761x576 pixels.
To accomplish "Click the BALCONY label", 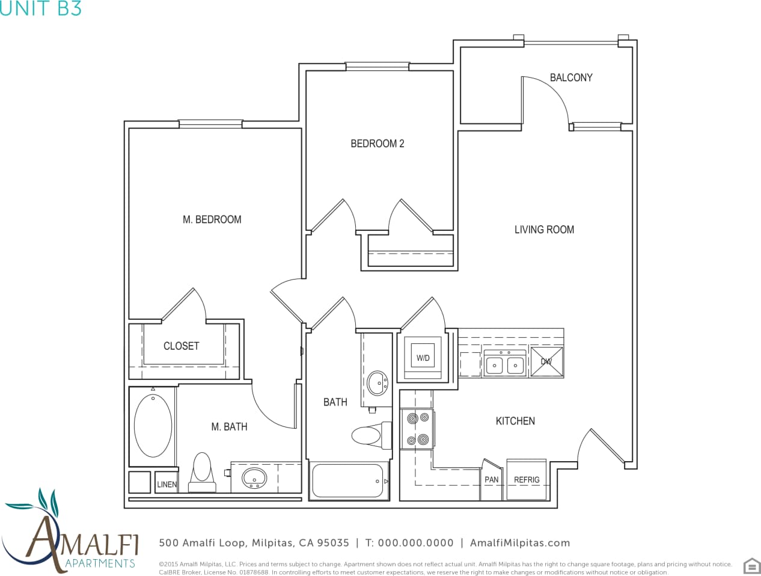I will click(571, 78).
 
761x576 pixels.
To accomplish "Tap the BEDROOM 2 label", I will click(377, 144).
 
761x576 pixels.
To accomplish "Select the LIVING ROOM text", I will click(544, 230).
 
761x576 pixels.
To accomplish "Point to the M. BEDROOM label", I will click(212, 220).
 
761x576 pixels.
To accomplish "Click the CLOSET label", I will click(181, 346).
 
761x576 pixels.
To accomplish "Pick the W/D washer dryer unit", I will click(424, 358).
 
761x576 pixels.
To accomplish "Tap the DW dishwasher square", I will click(546, 361).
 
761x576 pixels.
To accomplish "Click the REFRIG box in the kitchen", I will click(527, 479).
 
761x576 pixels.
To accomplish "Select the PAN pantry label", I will click(491, 480).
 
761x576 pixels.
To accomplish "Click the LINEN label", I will click(167, 485).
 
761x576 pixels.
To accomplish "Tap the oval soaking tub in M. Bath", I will click(153, 426).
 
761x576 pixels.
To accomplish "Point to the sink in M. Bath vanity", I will click(255, 478).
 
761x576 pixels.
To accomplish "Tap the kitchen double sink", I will click(505, 364).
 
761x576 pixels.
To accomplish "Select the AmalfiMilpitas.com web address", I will click(519, 543).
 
